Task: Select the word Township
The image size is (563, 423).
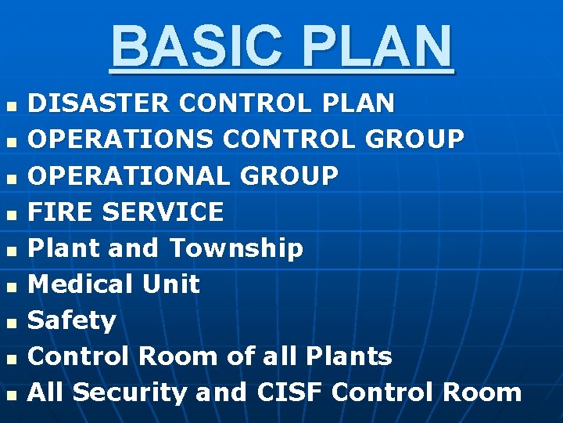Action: pos(236,248)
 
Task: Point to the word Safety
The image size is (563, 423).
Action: pos(72,320)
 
